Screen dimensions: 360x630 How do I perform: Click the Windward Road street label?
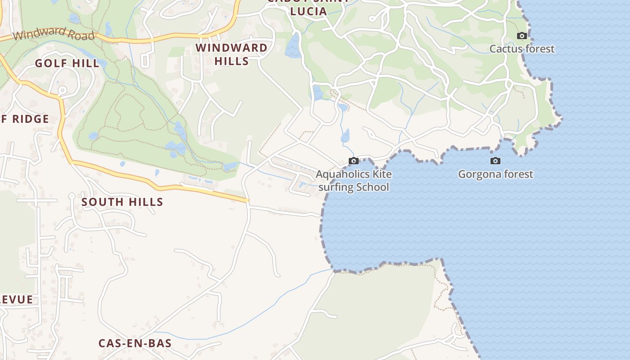point(54,34)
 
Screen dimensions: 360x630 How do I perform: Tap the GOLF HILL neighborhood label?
point(67,63)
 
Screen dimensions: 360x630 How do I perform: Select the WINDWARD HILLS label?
point(231,54)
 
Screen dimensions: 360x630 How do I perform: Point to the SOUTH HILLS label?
point(122,202)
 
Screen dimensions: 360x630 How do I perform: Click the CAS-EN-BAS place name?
point(135,343)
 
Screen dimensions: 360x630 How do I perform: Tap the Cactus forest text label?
point(522,49)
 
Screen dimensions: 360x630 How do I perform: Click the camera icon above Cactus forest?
point(522,36)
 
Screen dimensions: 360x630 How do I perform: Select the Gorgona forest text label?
point(495,174)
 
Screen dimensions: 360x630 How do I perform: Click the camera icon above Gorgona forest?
point(495,161)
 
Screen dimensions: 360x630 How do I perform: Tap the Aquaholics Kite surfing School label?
point(354,180)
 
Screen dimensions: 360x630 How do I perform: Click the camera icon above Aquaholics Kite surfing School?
point(354,161)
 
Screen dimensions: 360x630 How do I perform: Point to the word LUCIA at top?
point(308,12)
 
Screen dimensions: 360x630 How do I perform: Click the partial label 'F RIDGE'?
point(25,119)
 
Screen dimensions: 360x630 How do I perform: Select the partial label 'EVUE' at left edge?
point(17,300)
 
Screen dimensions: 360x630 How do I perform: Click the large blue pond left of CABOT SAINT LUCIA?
point(293,46)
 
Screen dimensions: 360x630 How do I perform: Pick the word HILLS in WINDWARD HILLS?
point(231,61)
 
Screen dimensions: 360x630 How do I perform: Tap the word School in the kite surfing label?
point(372,187)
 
